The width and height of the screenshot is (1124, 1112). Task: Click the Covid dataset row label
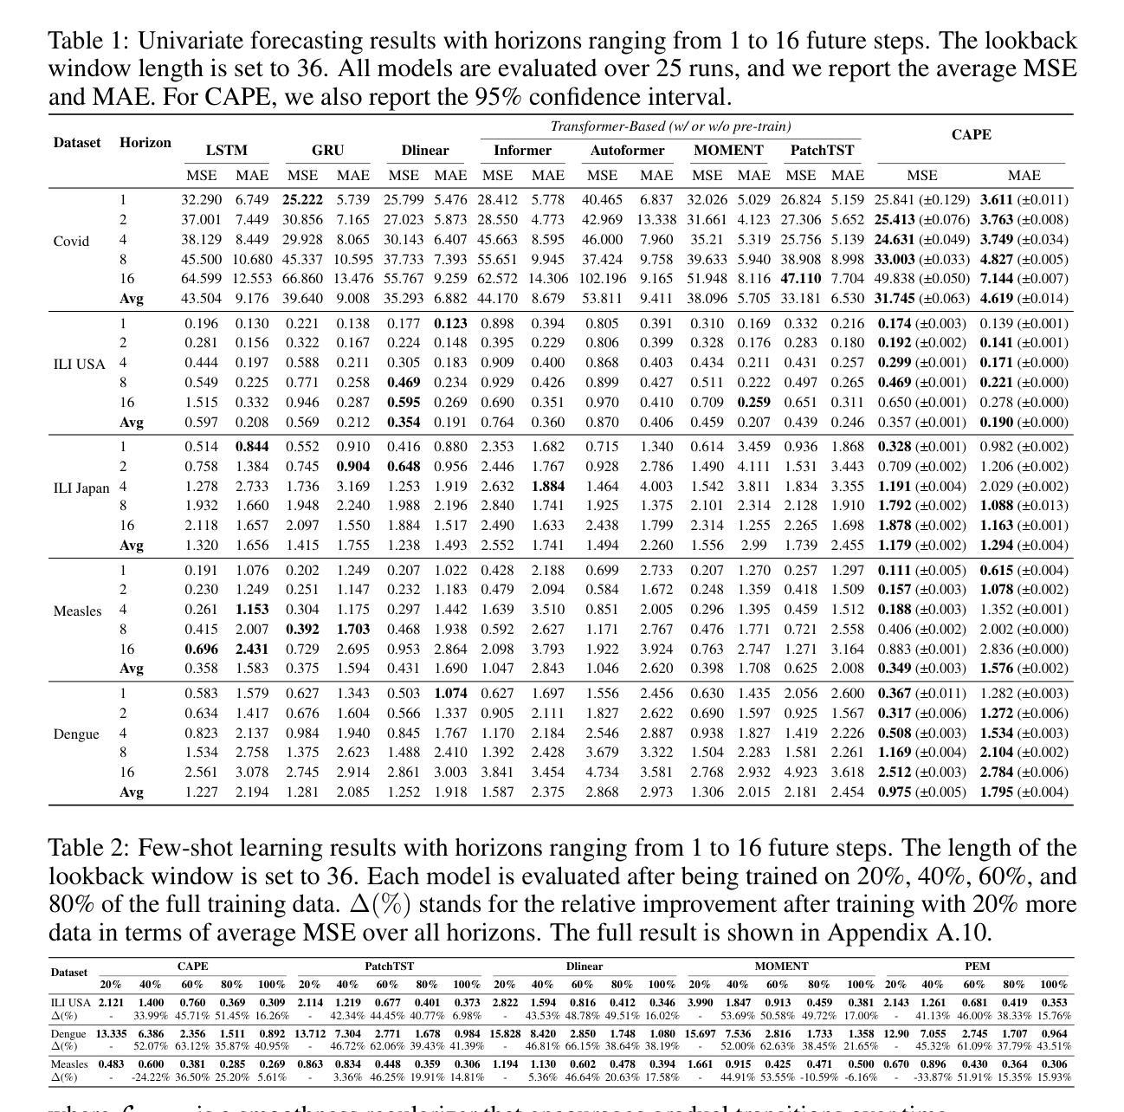click(x=71, y=241)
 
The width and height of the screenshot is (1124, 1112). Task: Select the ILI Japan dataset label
click(x=81, y=488)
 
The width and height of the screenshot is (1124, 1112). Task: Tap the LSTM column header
click(x=227, y=151)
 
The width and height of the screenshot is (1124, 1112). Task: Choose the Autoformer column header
click(x=627, y=151)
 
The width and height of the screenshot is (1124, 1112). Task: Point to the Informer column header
click(x=522, y=151)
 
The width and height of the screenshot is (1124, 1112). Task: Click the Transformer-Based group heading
click(x=670, y=126)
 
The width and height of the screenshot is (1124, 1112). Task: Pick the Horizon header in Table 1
click(x=145, y=143)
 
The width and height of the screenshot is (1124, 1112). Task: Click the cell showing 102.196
click(x=602, y=279)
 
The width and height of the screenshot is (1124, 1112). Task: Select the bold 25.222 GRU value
click(x=302, y=200)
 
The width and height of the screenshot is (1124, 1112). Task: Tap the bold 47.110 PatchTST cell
click(x=800, y=279)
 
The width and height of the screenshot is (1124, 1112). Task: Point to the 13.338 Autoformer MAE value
click(x=656, y=220)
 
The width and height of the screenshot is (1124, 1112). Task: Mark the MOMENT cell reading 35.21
click(x=707, y=240)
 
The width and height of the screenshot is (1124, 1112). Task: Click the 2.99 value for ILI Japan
click(x=753, y=546)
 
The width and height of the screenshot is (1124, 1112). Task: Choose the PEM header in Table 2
click(x=977, y=967)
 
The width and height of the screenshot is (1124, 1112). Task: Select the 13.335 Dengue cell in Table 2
click(x=111, y=1033)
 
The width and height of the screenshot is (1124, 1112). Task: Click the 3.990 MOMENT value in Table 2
click(x=700, y=1003)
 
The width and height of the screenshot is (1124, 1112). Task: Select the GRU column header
click(x=327, y=151)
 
